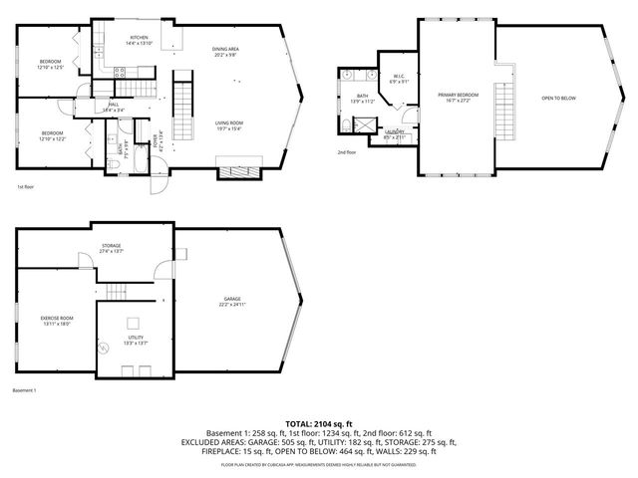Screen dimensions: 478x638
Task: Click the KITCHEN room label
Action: point(139,41)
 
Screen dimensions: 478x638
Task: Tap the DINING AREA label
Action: point(225,52)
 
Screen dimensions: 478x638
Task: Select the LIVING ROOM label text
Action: point(230,125)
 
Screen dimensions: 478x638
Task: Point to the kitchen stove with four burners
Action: point(119,72)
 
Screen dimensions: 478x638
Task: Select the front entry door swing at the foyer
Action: point(159,183)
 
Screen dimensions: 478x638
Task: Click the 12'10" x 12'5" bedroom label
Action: point(51,64)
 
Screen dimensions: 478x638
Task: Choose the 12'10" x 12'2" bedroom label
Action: point(52,134)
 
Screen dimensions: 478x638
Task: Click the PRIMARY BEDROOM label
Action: point(459,97)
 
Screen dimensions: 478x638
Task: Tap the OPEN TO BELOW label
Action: point(558,98)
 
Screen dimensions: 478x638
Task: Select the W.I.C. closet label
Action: point(397,79)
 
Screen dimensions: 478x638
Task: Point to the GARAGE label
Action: point(232,302)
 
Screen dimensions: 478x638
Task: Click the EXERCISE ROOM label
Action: point(56,320)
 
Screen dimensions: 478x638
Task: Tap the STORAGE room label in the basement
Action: point(111,248)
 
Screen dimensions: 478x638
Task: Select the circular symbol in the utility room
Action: point(106,347)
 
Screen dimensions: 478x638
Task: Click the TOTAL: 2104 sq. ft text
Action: point(318,423)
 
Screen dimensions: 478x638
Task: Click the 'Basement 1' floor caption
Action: point(25,390)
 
